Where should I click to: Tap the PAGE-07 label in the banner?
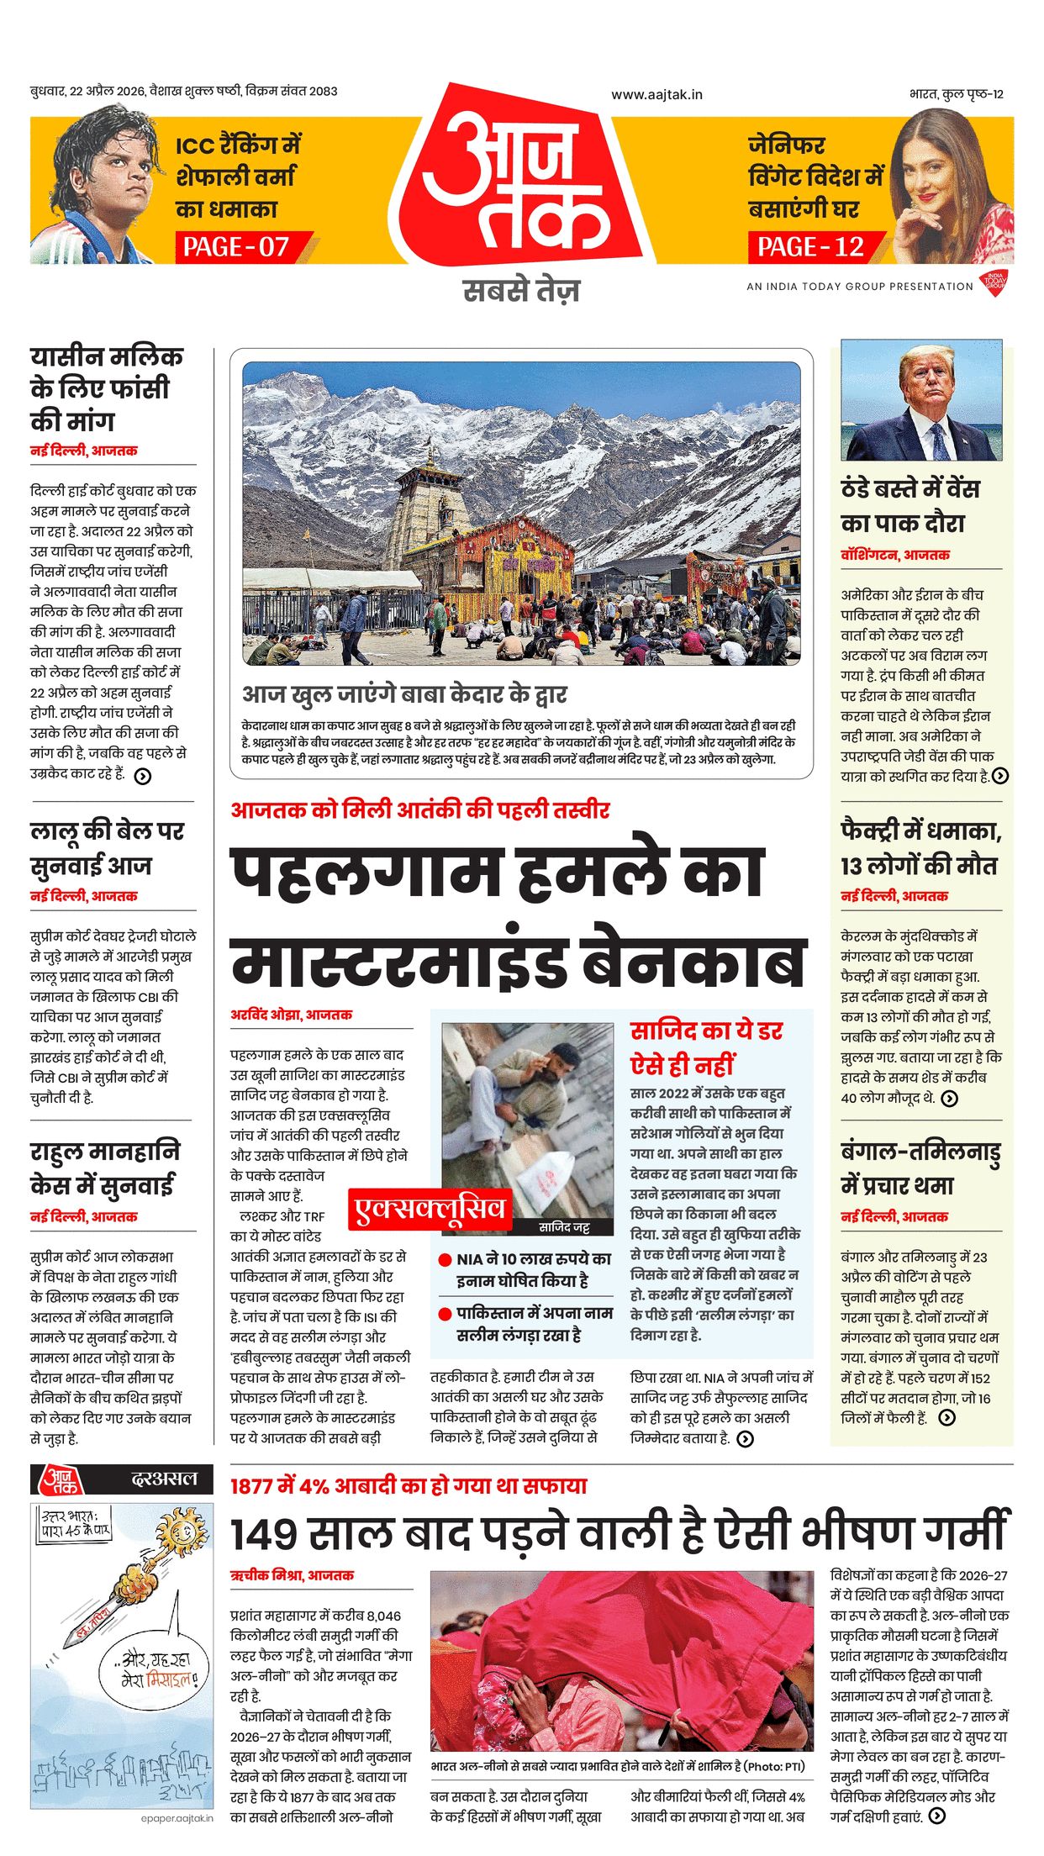point(236,247)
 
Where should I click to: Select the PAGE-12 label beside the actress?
point(810,247)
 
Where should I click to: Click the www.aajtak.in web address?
point(656,95)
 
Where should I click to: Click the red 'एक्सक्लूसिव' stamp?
point(430,1208)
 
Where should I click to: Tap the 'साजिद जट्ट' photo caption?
point(563,1227)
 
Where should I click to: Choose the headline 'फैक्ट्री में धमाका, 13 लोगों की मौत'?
point(920,847)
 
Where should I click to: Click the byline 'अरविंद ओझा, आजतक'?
point(291,1015)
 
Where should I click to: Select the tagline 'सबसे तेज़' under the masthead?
point(521,291)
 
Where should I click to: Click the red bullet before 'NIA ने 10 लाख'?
point(446,1260)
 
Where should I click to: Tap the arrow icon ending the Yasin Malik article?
point(143,776)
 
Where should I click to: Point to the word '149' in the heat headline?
point(264,1533)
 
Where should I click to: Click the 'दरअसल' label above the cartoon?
point(164,1479)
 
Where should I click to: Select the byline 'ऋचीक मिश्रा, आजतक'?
point(292,1575)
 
